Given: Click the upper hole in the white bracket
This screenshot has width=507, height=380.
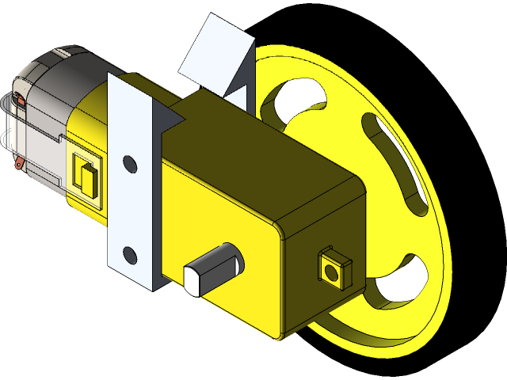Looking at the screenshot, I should click(x=129, y=165).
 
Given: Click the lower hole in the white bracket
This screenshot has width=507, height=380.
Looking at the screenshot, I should click(x=128, y=253).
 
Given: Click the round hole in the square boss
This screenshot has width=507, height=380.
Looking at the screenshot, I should click(x=331, y=272).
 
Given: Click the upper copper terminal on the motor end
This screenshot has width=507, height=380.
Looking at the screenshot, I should click(x=19, y=101).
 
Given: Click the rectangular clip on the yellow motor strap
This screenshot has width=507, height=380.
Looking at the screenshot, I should click(x=86, y=176).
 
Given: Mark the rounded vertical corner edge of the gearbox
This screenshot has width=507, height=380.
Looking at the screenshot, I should click(x=279, y=277).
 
